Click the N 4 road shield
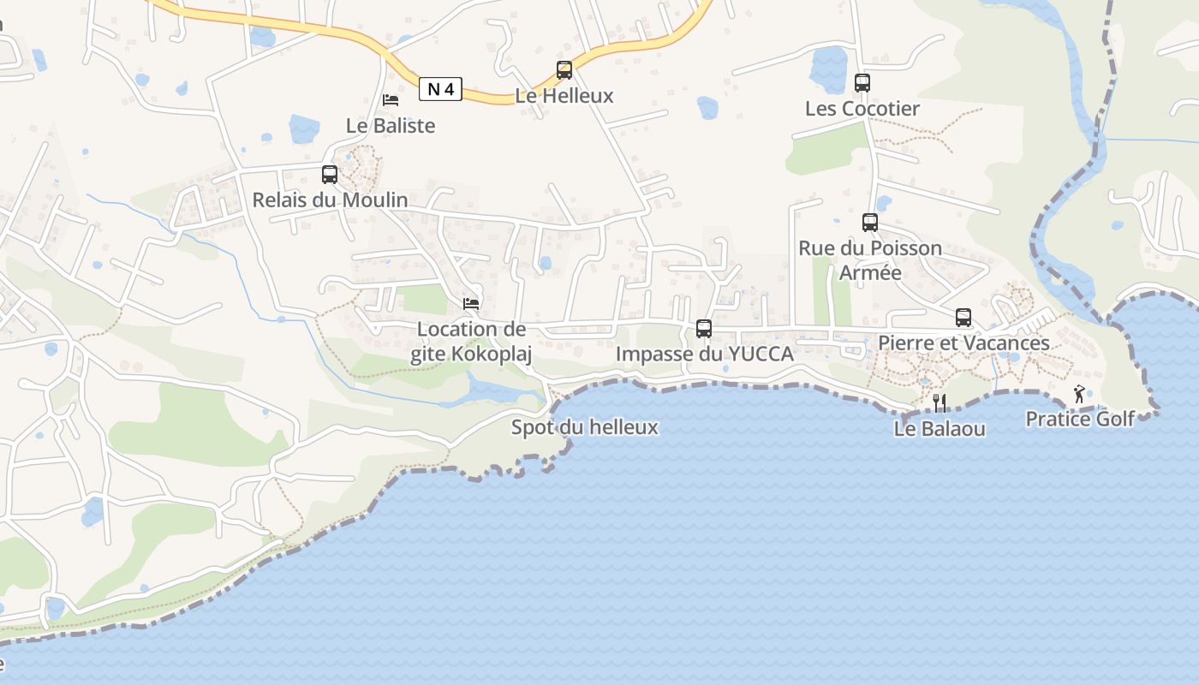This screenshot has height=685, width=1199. pos(441,88)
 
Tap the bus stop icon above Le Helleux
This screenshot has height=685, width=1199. pos(564,70)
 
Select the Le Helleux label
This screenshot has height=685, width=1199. pos(564,96)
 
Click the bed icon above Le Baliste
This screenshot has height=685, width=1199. pos(391,100)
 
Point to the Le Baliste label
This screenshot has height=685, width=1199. pos(391,126)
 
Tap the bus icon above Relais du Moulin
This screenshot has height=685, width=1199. pos(330,175)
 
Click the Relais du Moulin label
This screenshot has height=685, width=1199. pos(330,200)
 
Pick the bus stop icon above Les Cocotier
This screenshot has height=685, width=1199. pos(862,83)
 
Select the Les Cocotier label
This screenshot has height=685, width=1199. pos(862,109)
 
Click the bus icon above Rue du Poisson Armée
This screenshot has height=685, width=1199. pos(870,223)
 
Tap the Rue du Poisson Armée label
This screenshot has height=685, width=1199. pos(870,260)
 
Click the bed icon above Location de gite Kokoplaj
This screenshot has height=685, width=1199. pos(471,303)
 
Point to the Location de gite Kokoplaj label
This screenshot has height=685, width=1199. pos(471,342)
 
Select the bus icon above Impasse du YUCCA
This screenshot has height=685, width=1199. pos(704,328)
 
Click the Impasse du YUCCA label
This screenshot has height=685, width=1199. pos(704,354)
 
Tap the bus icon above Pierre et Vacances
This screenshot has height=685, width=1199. pos(963,318)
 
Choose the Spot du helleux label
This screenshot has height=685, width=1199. pos(585,427)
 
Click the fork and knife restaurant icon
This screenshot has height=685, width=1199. pos(940,402)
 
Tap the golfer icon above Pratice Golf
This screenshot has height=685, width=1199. pos(1079,394)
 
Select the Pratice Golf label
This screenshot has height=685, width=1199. pos(1080,419)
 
